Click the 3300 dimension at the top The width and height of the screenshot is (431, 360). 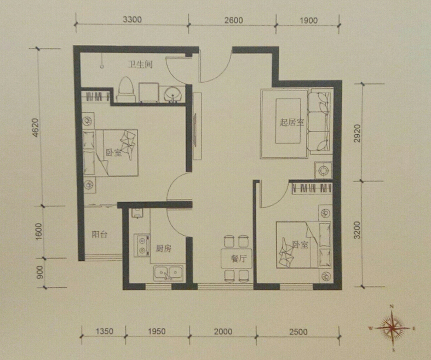coord(132,20)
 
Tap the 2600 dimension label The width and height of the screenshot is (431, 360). coord(234,20)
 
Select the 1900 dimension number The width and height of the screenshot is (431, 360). coord(308,21)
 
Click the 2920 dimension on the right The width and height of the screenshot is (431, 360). coord(357,133)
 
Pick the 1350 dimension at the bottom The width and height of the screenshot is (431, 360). coord(105,331)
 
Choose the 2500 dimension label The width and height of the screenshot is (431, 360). coord(298,332)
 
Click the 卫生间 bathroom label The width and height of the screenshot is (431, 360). coord(140,65)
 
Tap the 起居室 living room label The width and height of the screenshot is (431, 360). coord(292,122)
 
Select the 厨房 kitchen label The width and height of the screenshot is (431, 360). coord(164,249)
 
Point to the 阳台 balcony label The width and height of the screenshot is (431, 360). coord(100,235)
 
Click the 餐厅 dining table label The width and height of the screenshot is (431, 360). coord(239,259)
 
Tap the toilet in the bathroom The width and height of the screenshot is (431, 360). coord(126,90)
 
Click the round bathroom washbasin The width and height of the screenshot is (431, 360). coord(173,94)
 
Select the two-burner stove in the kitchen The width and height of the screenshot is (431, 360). coord(142,245)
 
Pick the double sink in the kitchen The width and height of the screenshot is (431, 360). coord(168,273)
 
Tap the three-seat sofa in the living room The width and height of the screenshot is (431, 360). coord(320,121)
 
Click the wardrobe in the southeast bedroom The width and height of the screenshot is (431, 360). coord(311,188)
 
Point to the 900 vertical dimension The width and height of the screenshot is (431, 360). coord(40,272)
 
